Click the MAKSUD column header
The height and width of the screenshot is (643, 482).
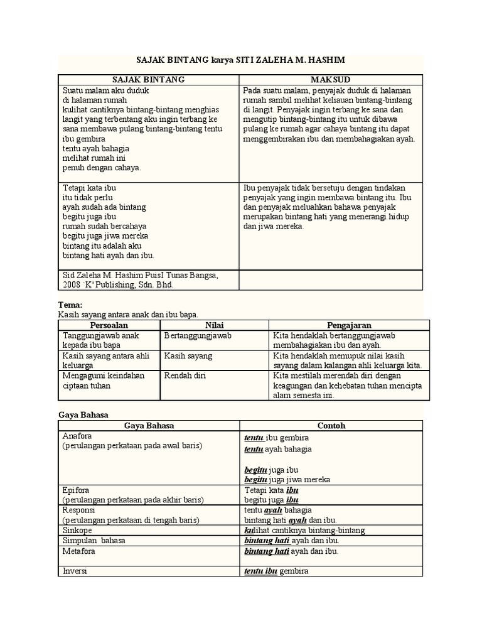pyautogui.click(x=331, y=79)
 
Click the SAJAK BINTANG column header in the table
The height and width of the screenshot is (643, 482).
pyautogui.click(x=148, y=79)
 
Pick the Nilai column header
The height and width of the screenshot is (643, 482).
pyautogui.click(x=215, y=325)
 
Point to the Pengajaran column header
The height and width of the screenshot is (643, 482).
pyautogui.click(x=349, y=325)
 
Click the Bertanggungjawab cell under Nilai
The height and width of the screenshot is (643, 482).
pyautogui.click(x=198, y=336)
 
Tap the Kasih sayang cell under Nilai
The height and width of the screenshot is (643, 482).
pyautogui.click(x=188, y=356)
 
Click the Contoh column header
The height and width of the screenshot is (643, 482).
pyautogui.click(x=331, y=425)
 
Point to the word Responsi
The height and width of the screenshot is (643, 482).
pyautogui.click(x=78, y=511)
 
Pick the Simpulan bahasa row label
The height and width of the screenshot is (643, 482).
pyautogui.click(x=90, y=541)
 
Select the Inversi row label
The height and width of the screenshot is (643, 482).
pyautogui.click(x=75, y=571)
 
